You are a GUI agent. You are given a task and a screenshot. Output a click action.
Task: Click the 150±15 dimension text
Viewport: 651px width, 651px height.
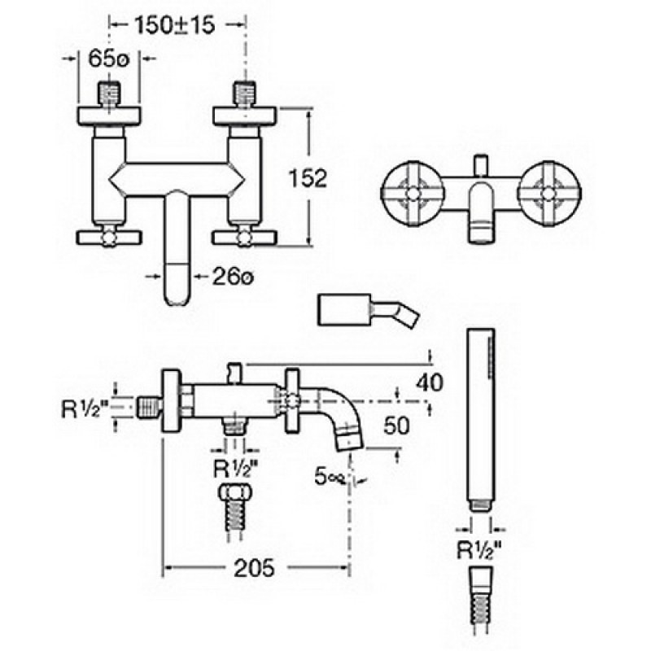(x=175, y=25)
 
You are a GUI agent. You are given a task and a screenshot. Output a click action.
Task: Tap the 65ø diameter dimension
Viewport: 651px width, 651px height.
(x=109, y=59)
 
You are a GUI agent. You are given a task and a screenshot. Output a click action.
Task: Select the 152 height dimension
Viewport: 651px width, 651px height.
(x=308, y=178)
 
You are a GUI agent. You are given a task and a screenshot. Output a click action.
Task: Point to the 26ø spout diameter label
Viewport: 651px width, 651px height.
(x=233, y=276)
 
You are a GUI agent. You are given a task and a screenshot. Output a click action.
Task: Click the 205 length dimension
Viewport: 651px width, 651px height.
(x=254, y=567)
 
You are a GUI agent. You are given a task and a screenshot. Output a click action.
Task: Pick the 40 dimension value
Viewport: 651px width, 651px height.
(x=430, y=382)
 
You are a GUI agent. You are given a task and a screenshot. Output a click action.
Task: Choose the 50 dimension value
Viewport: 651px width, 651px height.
(x=396, y=426)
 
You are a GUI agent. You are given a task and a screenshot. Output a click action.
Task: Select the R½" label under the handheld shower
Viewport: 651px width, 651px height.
(x=479, y=551)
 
